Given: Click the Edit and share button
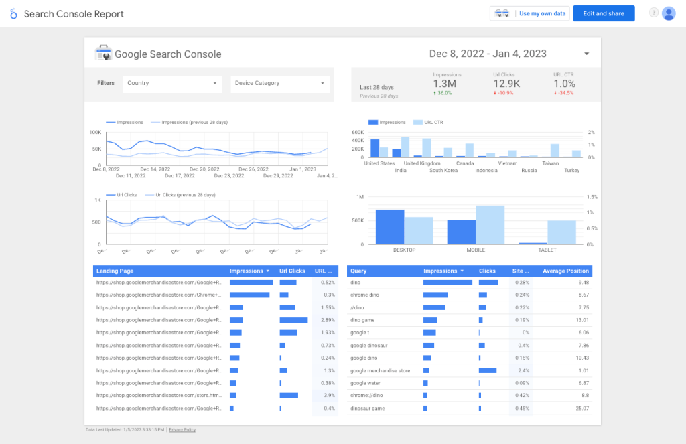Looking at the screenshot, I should click(x=604, y=13).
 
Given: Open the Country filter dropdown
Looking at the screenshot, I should click(x=172, y=84).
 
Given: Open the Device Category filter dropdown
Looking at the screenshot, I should click(x=279, y=84).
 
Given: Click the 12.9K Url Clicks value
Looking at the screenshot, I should click(x=507, y=84).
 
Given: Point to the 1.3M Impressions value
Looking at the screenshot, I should click(x=445, y=84).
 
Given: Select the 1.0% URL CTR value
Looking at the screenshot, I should click(x=564, y=84).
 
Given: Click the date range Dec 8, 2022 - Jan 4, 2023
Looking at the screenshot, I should click(x=488, y=54).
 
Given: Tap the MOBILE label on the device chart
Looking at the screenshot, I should click(x=476, y=250).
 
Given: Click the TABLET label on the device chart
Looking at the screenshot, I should click(x=547, y=250).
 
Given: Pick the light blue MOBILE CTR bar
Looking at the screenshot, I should click(x=490, y=225).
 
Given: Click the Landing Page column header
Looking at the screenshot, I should click(x=115, y=271).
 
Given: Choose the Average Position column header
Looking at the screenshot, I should click(x=565, y=271).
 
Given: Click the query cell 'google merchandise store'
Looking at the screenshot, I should click(x=380, y=370).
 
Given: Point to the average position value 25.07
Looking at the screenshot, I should click(x=580, y=408).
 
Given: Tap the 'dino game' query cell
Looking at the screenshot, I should click(x=362, y=320).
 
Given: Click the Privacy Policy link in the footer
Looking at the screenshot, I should click(x=182, y=429).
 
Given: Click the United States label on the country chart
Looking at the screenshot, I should click(x=379, y=163).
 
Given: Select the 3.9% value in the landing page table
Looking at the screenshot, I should click(x=328, y=396).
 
